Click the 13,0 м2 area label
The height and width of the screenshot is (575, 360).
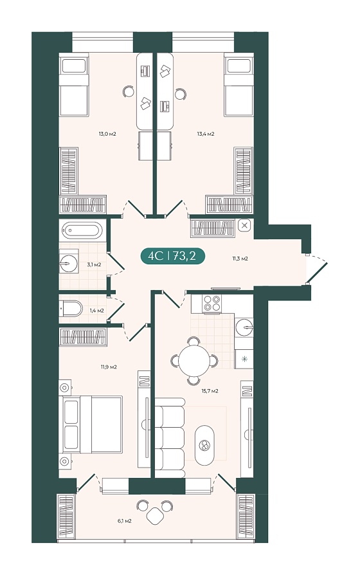pyautogui.click(x=107, y=134)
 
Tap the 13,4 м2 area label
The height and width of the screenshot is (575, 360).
pyautogui.click(x=206, y=134)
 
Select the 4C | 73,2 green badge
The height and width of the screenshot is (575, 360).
pyautogui.click(x=172, y=255)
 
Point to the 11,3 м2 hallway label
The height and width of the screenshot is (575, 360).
pyautogui.click(x=240, y=259)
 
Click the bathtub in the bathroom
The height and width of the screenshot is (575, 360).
pyautogui.click(x=82, y=231)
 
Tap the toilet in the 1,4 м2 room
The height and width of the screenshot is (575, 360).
pyautogui.click(x=71, y=309)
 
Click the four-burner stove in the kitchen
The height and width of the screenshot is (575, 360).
pyautogui.click(x=212, y=304)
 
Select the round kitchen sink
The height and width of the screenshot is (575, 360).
pyautogui.click(x=244, y=327)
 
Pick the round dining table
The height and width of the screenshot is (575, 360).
pyautogui.click(x=194, y=360)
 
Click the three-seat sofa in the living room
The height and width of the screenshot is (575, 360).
pyautogui.click(x=169, y=438)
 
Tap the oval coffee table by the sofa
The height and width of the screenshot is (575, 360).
pyautogui.click(x=204, y=445)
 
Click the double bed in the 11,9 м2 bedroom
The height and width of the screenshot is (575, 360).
pyautogui.click(x=93, y=424)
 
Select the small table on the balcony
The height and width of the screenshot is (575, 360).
pyautogui.click(x=156, y=516)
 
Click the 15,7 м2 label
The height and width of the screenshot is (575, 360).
pyautogui.click(x=210, y=391)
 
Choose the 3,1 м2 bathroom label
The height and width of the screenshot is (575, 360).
pyautogui.click(x=94, y=264)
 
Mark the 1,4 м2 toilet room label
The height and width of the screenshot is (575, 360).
pyautogui.click(x=97, y=311)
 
